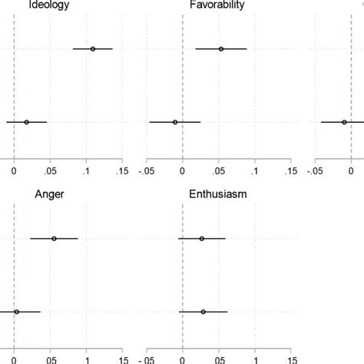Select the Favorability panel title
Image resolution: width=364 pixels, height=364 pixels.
217,5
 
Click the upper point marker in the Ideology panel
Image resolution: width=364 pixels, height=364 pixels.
93,49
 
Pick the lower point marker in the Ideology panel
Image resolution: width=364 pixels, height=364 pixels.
26,122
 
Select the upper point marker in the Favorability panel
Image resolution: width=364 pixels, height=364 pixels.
221,49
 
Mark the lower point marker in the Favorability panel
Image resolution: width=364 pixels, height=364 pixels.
175,122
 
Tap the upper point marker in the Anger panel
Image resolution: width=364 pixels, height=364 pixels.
54,239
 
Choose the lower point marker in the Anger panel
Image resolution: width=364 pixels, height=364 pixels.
16,312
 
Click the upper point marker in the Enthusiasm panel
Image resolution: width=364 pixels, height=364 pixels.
201,239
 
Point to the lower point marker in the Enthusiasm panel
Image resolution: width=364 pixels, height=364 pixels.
203,312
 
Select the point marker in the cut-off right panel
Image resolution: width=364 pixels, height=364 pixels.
344,122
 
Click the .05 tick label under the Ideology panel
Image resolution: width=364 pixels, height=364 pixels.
49,171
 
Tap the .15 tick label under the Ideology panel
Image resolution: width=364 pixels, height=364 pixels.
121,171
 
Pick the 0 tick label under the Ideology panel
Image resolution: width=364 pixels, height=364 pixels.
14,171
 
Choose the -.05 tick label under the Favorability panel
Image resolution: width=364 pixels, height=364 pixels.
146,171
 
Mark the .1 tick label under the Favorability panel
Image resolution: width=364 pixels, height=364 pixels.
254,171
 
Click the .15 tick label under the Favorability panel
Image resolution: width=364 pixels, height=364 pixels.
290,171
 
